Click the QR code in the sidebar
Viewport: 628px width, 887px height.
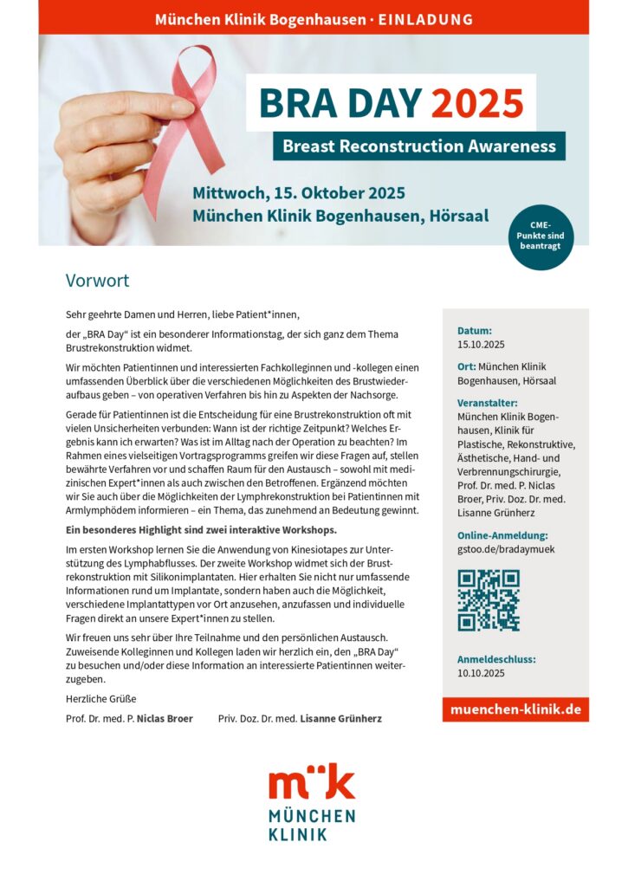click(489, 599)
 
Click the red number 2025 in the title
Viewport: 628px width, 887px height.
click(477, 104)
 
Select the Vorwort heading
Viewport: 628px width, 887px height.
click(97, 281)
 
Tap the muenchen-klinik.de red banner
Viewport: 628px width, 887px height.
click(515, 709)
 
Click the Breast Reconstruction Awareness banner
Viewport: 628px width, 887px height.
click(419, 146)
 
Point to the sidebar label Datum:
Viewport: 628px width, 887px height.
click(475, 330)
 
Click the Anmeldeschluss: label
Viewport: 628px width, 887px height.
click(496, 659)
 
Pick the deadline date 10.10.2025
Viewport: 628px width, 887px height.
click(480, 673)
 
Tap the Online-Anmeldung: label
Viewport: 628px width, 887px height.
click(502, 535)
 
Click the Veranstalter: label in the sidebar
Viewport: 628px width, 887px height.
click(488, 403)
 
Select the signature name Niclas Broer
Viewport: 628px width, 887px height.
click(165, 719)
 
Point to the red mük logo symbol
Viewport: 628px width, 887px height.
click(311, 782)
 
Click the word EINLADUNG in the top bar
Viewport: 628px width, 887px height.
click(426, 18)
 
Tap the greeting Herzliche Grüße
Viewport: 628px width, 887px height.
click(100, 698)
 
